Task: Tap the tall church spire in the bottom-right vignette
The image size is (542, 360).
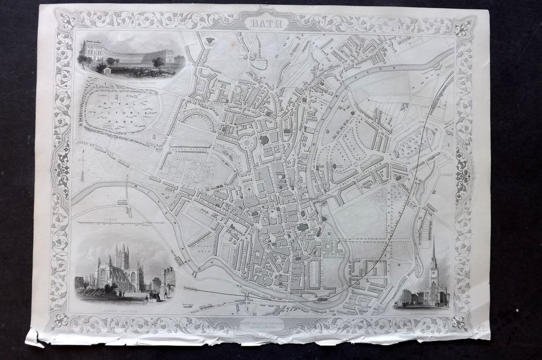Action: pyautogui.click(x=434, y=258)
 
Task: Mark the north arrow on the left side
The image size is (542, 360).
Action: pyautogui.click(x=82, y=165)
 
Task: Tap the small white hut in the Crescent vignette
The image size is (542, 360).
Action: pyautogui.click(x=107, y=70)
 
